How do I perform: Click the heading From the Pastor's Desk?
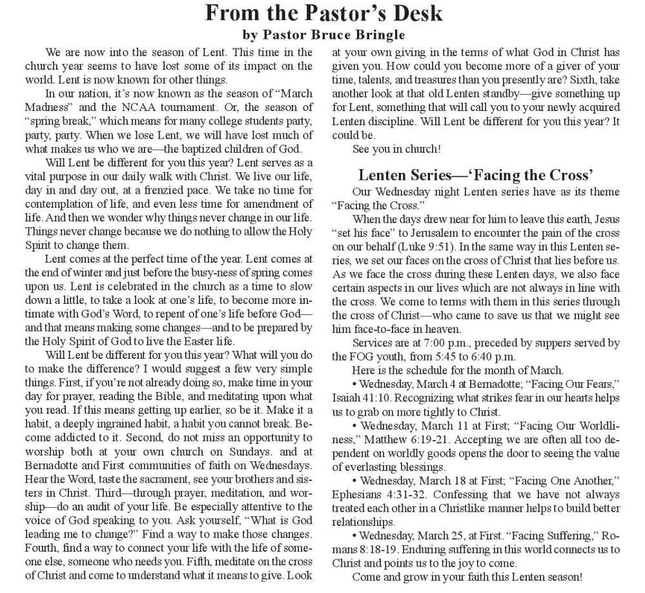(323, 13)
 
